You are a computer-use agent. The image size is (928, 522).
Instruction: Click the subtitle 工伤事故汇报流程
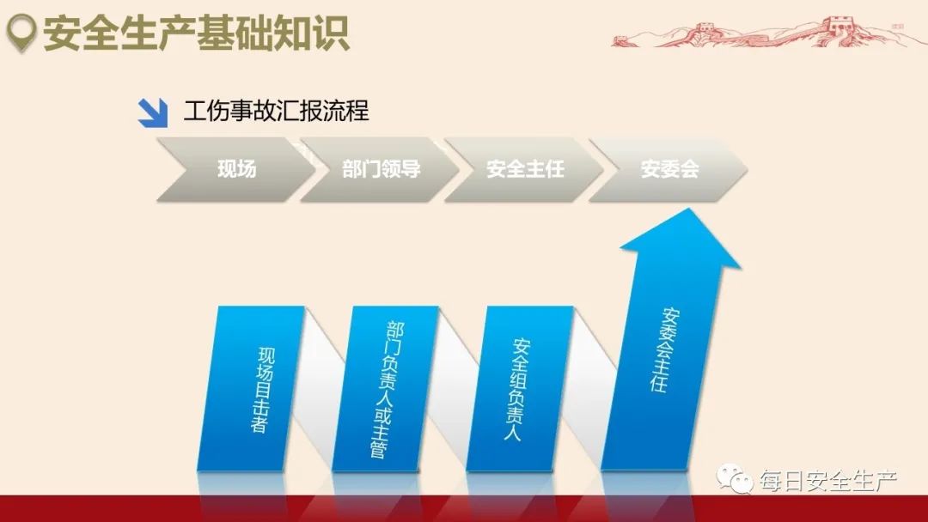pyautogui.click(x=276, y=112)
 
